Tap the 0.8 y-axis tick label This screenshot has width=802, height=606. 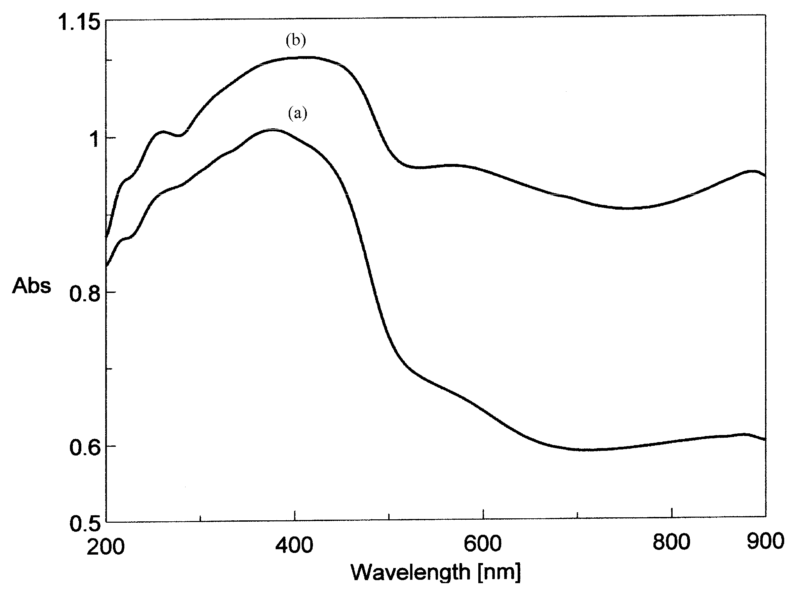pos(84,294)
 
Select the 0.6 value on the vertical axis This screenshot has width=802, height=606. pos(84,447)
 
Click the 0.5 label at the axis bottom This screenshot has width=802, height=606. pos(84,523)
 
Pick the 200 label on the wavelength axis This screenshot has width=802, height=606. pos(106,547)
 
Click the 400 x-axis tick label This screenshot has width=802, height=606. pos(294,545)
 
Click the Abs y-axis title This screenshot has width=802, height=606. pos(32,286)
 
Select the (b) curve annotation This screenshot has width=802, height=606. pos(296,40)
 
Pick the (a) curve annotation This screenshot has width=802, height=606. pos(298,113)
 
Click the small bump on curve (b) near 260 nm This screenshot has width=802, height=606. pos(162,132)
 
